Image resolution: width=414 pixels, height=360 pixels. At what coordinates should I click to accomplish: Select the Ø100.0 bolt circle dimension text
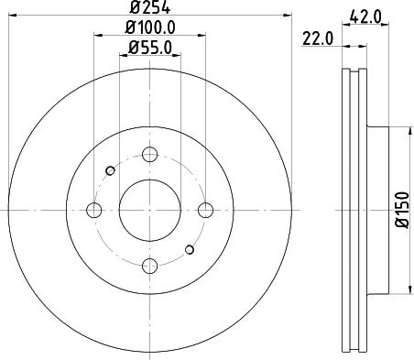click(150, 30)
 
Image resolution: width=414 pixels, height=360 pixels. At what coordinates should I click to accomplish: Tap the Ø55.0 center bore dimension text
click(150, 49)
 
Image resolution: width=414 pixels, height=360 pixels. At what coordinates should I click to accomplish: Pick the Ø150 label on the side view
click(400, 212)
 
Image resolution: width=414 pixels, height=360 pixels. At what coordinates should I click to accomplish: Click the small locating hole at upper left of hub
click(110, 169)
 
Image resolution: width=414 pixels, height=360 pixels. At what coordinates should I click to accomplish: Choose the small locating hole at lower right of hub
click(189, 250)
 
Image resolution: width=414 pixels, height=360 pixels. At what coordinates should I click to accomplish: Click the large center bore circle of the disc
click(149, 211)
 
